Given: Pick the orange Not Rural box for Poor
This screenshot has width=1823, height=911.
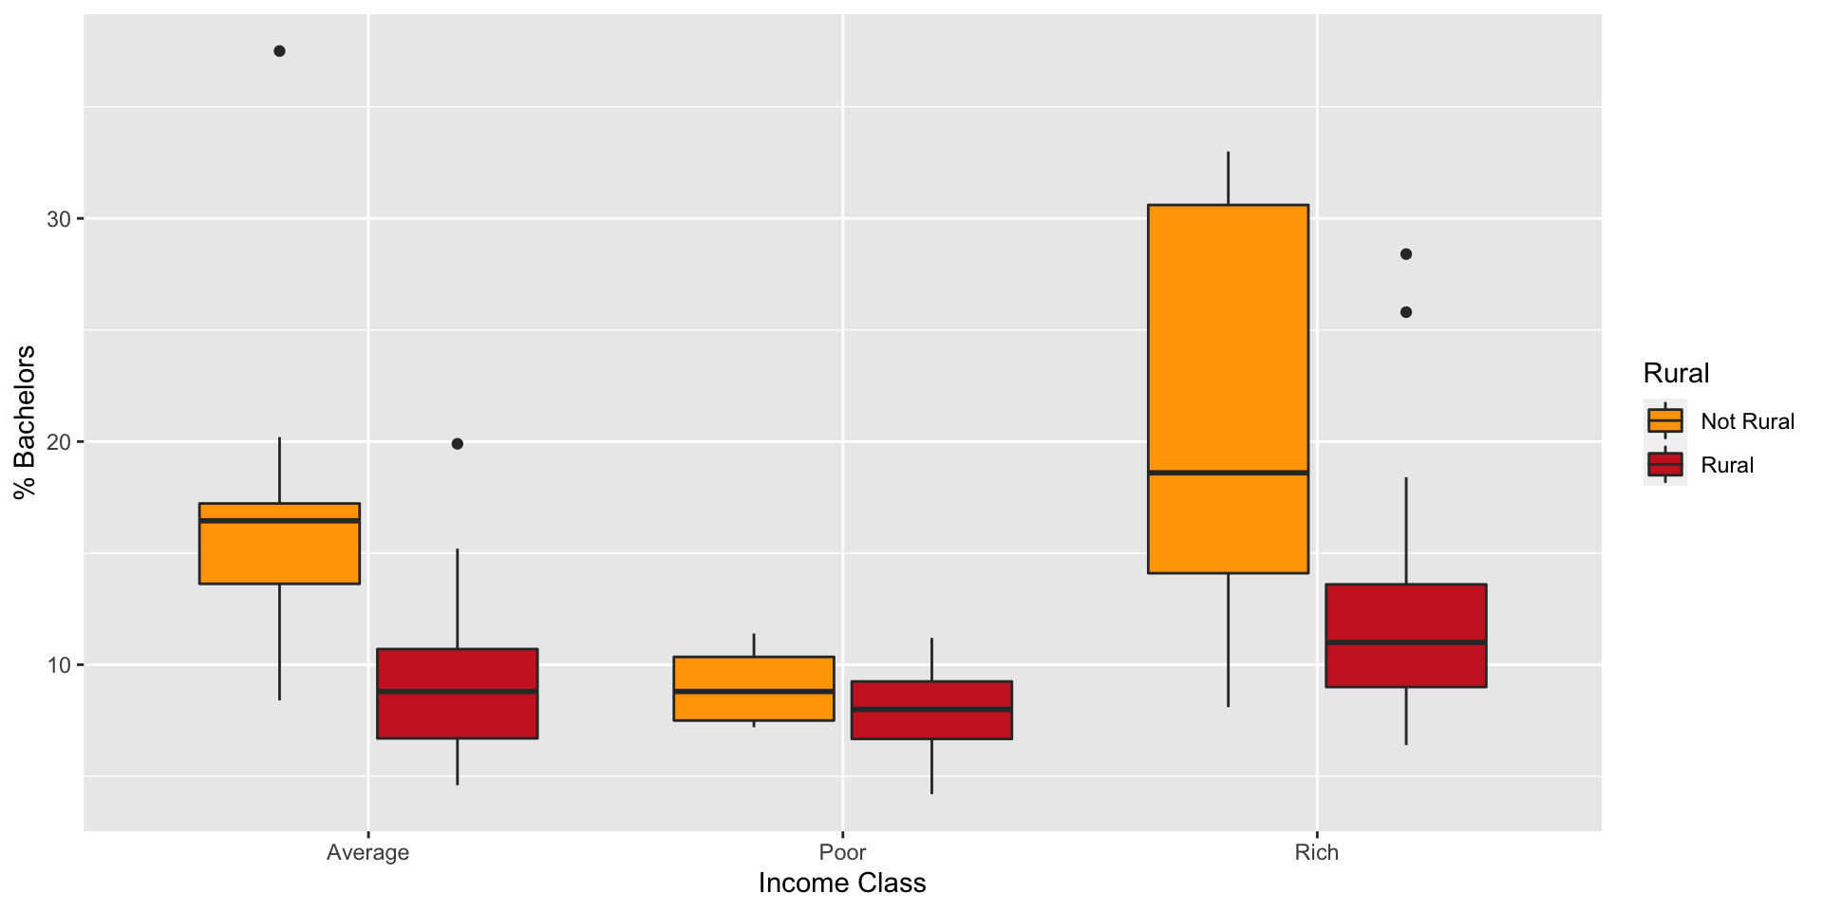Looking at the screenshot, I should point(754,688).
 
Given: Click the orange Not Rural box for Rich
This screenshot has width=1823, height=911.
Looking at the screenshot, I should point(1228,388).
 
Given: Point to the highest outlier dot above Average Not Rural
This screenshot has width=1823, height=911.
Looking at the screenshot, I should point(279,51).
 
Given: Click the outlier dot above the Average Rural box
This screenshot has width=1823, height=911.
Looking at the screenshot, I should point(457,443).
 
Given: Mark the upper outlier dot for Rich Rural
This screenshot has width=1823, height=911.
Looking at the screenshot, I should point(1406,254).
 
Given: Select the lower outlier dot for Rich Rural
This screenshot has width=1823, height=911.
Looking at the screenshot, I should point(1406,312).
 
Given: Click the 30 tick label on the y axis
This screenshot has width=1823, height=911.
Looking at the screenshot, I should point(59,219).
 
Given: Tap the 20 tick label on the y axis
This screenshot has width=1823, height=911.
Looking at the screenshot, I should point(59,442).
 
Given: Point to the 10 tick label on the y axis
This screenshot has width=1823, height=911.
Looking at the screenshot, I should point(59,665).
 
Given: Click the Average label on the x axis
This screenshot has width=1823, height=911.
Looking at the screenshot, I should point(367,852).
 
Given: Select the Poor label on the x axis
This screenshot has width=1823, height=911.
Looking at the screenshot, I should point(842,852).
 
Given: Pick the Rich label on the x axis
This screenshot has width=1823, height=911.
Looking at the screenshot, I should point(1316,852).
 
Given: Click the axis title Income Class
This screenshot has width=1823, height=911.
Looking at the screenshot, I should point(842,883).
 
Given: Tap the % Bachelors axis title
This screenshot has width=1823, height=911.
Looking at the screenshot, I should point(25,421).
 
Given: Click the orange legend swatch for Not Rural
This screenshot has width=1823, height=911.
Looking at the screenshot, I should point(1664,420).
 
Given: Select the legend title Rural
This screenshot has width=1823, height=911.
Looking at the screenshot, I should point(1676,373).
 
